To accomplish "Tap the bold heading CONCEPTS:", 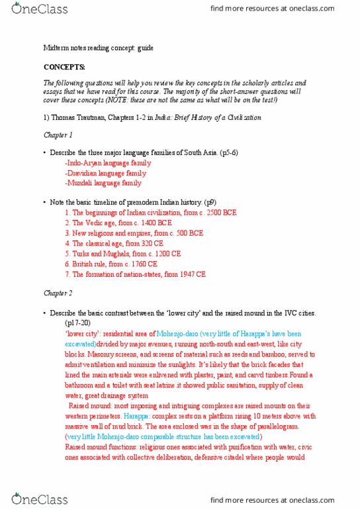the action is tap(64, 68).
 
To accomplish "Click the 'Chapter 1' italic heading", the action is tap(58, 134).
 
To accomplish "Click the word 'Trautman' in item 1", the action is tap(99, 117).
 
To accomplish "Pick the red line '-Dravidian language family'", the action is tap(105, 173).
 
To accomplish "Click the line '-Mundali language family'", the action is tap(103, 183).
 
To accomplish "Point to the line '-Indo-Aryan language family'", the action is tap(107, 163).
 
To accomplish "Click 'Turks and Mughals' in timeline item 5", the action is tap(99, 253).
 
